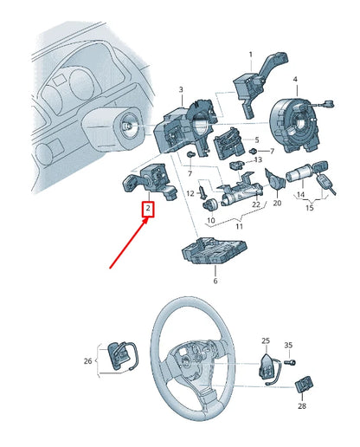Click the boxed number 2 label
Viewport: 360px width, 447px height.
tap(148, 209)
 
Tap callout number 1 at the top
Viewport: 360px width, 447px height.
tap(251, 55)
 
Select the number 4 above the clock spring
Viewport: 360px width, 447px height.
tap(295, 80)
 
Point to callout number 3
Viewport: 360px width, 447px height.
tap(181, 90)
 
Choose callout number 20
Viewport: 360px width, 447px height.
tap(277, 204)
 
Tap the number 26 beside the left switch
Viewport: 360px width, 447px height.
tap(87, 361)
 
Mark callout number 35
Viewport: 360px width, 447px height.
tap(290, 345)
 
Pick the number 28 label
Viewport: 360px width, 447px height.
tap(302, 405)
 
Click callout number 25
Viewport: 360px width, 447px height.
tap(266, 341)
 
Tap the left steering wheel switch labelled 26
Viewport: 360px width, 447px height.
tap(119, 357)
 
